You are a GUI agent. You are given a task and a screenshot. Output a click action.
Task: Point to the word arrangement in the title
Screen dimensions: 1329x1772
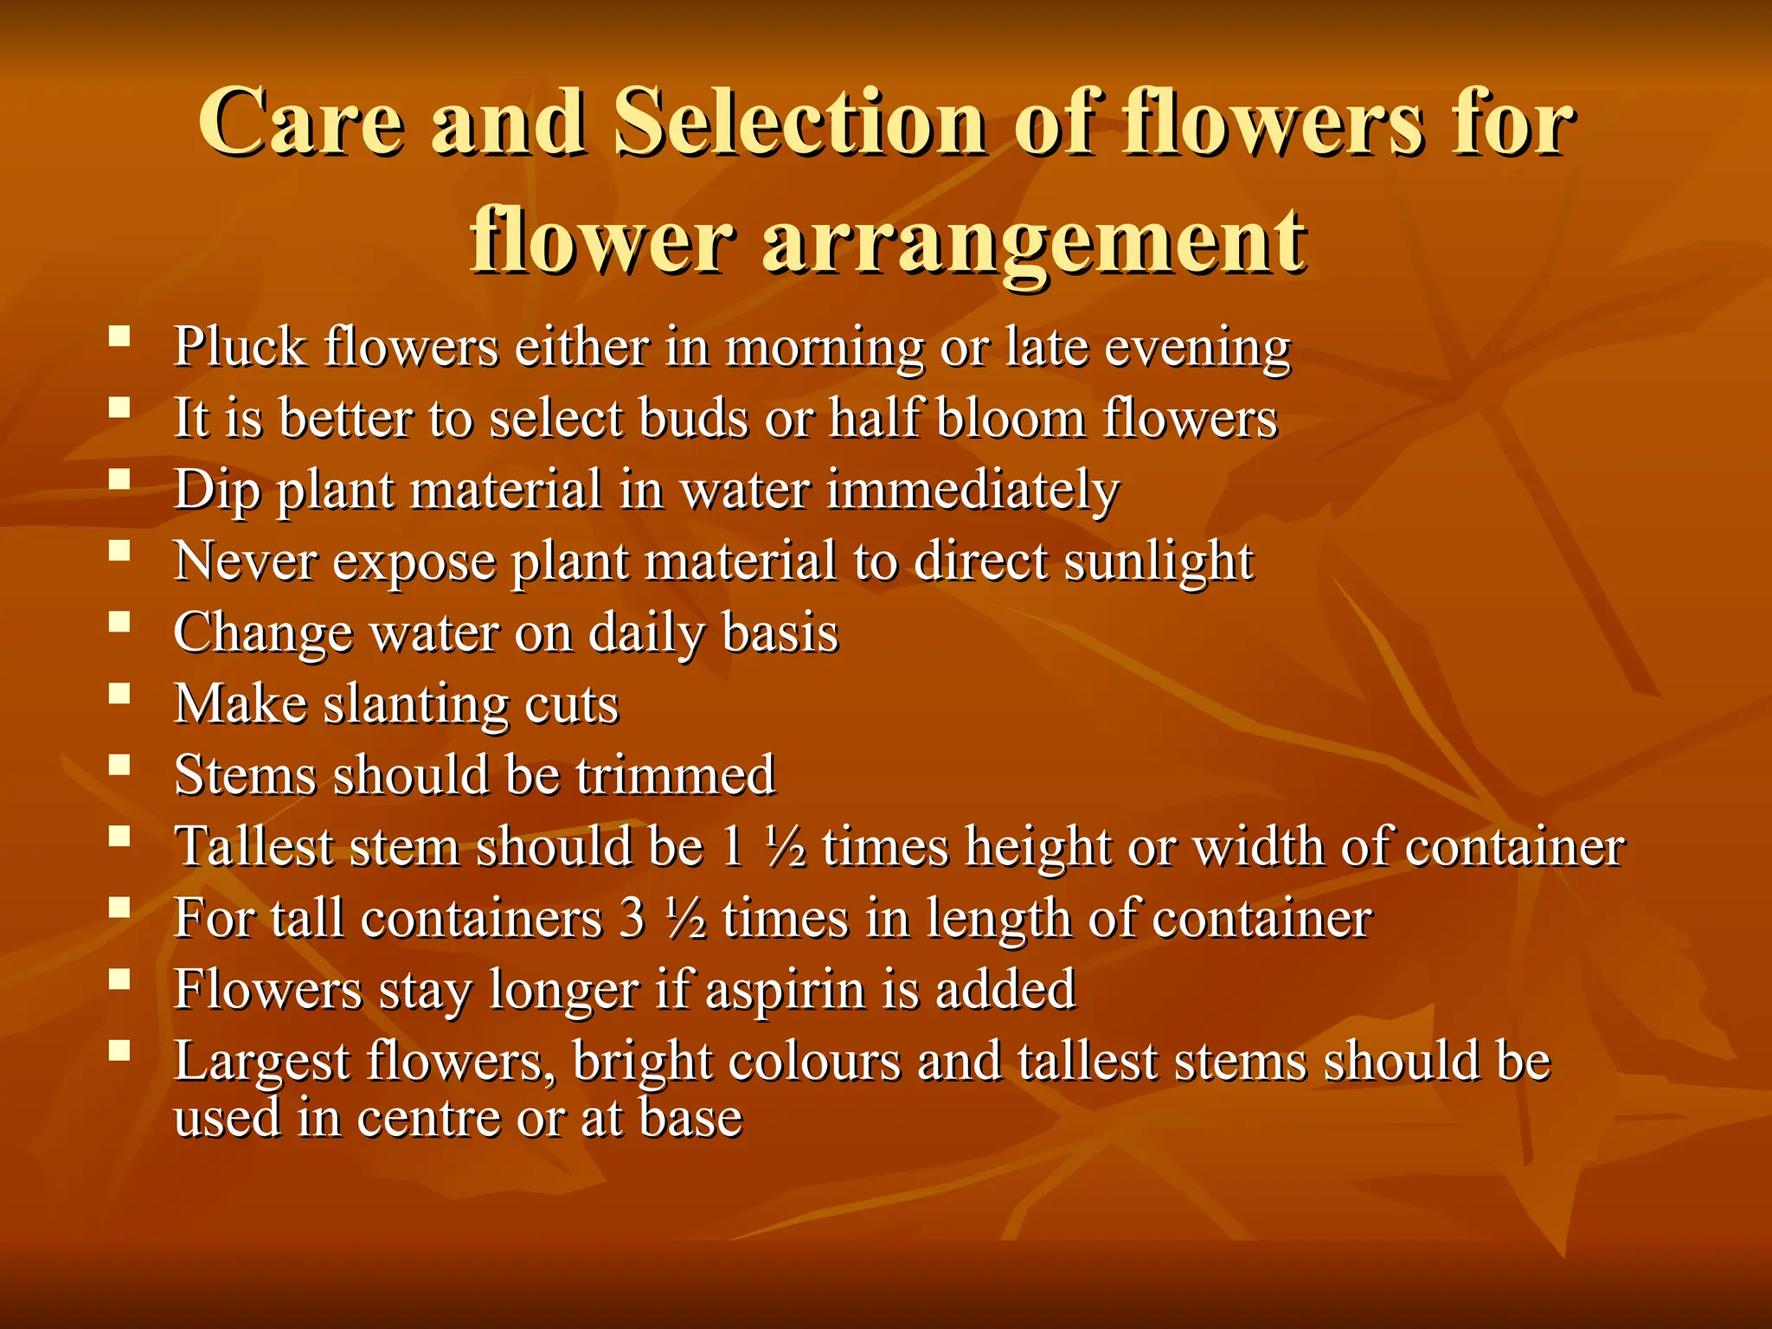(x=1034, y=242)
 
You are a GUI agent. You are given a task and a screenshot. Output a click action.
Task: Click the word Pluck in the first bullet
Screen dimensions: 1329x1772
(x=240, y=347)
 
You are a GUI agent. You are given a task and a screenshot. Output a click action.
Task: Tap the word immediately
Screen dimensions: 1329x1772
(x=973, y=491)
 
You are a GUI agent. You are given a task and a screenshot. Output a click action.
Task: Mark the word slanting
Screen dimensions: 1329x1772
(x=415, y=704)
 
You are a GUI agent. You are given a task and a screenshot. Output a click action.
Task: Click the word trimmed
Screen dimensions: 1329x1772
(x=675, y=774)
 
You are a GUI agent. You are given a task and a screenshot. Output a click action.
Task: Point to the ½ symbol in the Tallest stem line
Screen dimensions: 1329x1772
(x=786, y=847)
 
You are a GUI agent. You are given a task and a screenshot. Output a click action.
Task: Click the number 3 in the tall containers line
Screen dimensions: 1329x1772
(x=633, y=918)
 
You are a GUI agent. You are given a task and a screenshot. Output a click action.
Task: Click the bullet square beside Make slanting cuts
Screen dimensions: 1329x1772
(x=119, y=693)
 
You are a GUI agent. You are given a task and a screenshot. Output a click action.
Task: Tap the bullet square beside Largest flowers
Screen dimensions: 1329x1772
(x=119, y=1050)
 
